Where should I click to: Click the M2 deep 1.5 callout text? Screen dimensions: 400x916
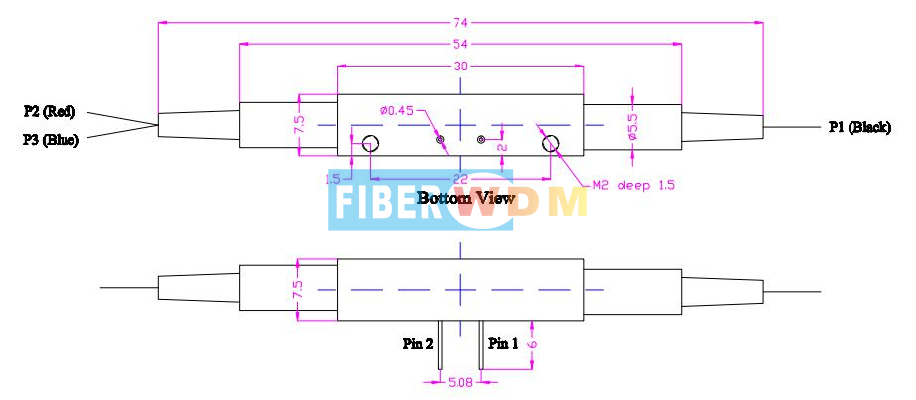pyautogui.click(x=606, y=185)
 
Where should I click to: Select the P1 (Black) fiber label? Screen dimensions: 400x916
pyautogui.click(x=858, y=127)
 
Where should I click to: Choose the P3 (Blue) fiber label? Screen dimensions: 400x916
pyautogui.click(x=50, y=140)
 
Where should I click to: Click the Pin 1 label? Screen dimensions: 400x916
pyautogui.click(x=503, y=344)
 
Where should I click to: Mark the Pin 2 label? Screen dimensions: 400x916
pyautogui.click(x=418, y=344)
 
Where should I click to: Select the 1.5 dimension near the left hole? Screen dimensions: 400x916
pyautogui.click(x=333, y=178)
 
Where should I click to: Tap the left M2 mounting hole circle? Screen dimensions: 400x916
pyautogui.click(x=368, y=143)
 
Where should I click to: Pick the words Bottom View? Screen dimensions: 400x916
pyautogui.click(x=465, y=199)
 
